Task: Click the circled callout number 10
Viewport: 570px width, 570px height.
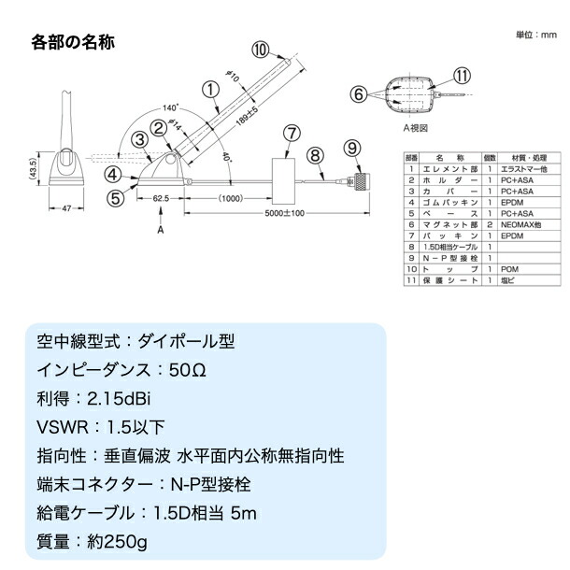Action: point(261,49)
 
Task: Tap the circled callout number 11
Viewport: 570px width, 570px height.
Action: point(462,76)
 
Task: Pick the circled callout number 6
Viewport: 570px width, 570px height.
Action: point(358,93)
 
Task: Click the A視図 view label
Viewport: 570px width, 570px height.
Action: point(414,127)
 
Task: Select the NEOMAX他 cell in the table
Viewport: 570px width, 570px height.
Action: point(520,225)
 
